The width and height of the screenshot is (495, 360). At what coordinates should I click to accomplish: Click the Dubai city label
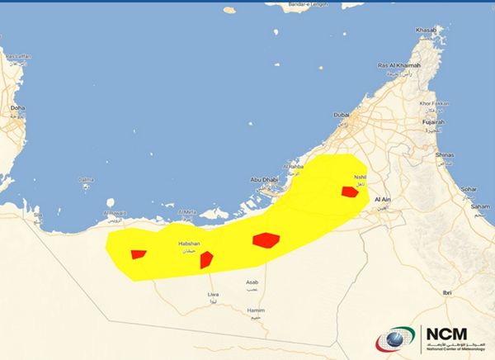point(342,114)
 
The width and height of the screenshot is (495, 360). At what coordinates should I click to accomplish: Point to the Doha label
point(17,107)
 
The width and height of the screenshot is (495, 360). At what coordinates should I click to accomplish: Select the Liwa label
point(214,293)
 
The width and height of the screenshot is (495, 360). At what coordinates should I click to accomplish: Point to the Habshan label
point(190,244)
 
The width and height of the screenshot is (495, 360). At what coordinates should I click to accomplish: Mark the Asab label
point(252,282)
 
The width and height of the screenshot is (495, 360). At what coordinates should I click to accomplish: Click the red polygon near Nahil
point(350,192)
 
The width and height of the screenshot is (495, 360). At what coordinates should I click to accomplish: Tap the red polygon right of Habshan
point(206,259)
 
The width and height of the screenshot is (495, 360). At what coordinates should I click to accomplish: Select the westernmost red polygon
point(138,254)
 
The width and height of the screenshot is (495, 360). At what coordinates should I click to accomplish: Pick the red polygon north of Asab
point(266,239)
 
